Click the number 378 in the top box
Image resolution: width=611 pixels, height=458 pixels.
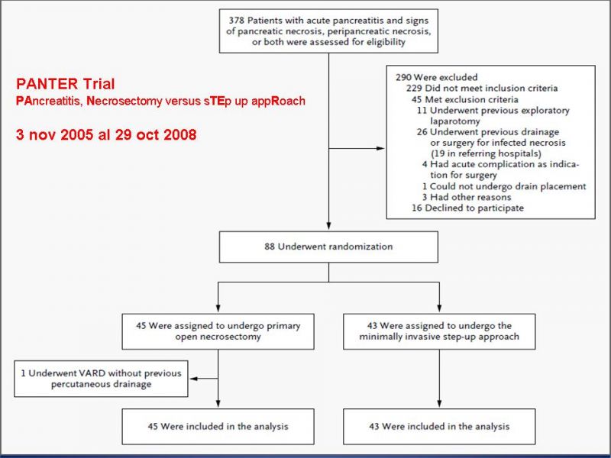237,21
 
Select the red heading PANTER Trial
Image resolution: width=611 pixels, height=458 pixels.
66,84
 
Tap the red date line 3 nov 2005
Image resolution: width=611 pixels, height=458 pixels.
106,135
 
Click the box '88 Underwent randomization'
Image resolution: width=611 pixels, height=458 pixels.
328,247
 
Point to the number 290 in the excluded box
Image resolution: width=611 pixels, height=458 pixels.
403,77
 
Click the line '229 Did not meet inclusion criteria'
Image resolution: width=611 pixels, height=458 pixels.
482,88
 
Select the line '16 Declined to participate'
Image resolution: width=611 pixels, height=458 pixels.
467,208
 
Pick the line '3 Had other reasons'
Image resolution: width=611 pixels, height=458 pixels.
467,197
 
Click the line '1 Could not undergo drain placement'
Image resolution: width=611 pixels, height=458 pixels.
504,186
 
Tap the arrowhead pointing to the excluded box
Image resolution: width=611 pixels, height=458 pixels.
380,148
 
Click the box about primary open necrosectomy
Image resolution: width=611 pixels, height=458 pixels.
218,331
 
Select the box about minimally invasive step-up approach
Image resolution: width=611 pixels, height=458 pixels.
439,331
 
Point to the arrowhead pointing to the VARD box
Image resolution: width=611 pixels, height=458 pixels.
193,379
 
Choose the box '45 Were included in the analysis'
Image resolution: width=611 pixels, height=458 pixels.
218,427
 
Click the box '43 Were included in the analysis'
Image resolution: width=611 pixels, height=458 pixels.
439,427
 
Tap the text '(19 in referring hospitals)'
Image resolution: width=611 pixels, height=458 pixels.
486,153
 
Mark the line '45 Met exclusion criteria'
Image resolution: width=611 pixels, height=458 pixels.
465,99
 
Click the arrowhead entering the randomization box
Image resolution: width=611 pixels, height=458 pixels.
328,227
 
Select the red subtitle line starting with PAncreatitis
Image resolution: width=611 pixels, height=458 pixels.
160,101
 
